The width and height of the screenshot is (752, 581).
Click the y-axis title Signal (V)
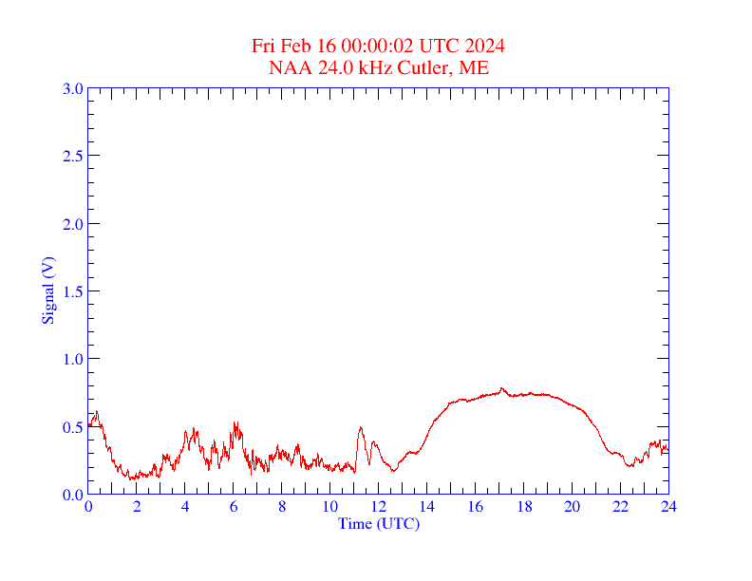pos(47,290)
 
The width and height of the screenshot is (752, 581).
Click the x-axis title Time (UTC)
pos(378,523)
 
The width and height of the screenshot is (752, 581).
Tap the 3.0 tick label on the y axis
pos(73,88)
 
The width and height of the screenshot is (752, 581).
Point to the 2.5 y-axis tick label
pos(73,156)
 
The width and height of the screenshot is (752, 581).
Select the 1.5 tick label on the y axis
pos(73,291)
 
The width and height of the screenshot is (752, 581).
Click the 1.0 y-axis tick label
pos(73,359)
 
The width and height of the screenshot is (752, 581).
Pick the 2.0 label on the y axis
pos(73,224)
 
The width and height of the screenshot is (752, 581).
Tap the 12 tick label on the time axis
pos(378,507)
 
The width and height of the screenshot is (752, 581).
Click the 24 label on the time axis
pos(668,507)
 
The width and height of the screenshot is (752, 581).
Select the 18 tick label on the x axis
pos(523,507)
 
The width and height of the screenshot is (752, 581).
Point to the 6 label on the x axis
pos(234,507)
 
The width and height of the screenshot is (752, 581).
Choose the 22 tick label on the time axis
pos(620,507)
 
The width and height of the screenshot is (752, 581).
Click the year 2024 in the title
pos(485,47)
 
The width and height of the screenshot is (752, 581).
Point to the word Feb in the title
pos(295,47)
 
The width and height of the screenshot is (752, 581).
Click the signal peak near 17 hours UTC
pos(501,388)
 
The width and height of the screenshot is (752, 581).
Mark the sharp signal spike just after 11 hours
pos(361,428)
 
